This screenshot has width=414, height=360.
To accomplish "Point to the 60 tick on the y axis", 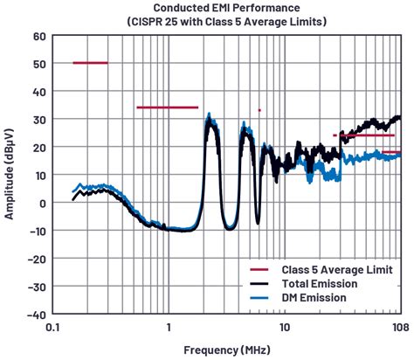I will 38,36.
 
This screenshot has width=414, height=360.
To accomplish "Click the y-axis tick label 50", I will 38,64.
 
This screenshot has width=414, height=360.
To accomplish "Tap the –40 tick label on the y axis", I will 36,314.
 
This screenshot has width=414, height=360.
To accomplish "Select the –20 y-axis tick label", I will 36,259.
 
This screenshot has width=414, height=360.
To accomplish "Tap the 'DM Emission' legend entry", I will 314,298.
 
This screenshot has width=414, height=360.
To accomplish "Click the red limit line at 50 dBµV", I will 90,63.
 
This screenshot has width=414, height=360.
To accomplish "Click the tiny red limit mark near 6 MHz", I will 259,110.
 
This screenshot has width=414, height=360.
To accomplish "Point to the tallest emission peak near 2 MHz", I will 208,115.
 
